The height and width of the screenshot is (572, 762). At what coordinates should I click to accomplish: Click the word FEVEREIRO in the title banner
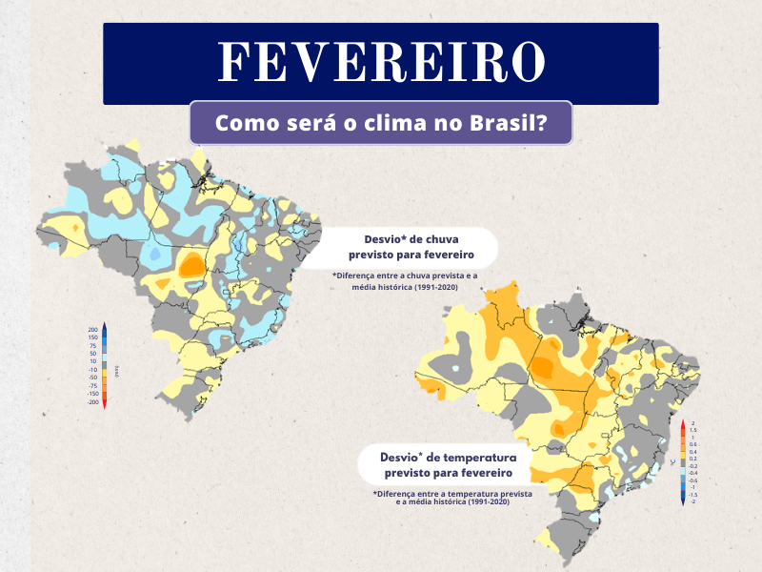(381, 62)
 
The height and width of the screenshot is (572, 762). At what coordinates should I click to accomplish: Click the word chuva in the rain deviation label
(452, 240)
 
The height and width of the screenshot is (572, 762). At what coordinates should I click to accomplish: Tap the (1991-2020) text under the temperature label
(471, 502)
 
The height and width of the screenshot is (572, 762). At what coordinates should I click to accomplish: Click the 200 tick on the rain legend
(93, 329)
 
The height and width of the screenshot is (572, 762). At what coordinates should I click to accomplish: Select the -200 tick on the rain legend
(92, 401)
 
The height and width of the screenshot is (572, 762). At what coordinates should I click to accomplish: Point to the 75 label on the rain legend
(93, 345)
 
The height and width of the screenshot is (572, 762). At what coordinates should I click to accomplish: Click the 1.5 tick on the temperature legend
(692, 430)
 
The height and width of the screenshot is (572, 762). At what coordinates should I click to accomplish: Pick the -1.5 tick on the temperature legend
(692, 495)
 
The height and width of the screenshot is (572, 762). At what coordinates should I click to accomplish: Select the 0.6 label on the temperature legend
(692, 444)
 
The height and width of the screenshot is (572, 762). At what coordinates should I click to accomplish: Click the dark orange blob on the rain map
(192, 264)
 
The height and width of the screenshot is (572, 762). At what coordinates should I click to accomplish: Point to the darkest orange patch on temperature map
(545, 364)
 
